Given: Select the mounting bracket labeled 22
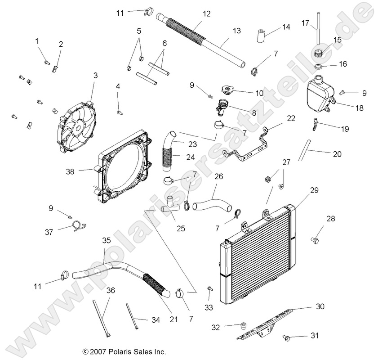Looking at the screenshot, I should coord(250,146).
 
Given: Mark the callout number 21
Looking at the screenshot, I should coord(173,319).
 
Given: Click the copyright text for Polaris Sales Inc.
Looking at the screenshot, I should coord(125,351).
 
